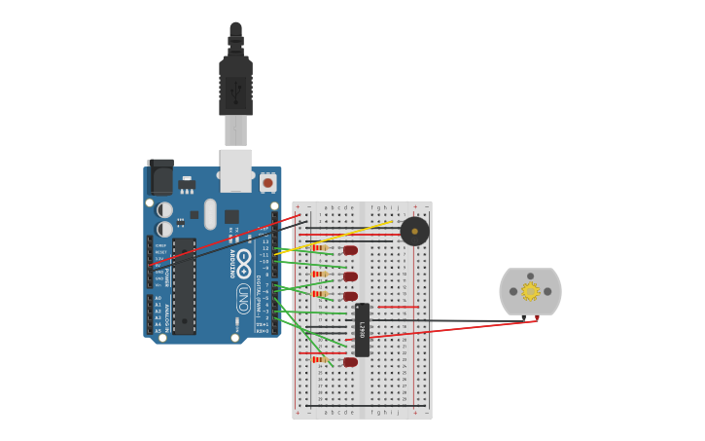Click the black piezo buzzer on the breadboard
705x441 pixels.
point(414,231)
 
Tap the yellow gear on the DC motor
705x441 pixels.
point(530,291)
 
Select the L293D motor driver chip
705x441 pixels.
point(362,330)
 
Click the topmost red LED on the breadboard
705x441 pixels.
point(350,250)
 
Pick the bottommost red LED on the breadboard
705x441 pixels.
point(350,362)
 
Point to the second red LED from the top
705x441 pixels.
point(350,276)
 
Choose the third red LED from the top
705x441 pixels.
point(350,296)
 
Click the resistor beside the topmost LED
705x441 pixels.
point(318,248)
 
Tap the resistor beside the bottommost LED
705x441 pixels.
point(318,359)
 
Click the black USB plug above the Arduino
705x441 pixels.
point(235,86)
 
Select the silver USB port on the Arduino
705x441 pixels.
point(235,169)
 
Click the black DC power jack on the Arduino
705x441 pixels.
point(160,177)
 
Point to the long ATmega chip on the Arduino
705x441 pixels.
point(185,286)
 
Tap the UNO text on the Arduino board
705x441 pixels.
point(243,297)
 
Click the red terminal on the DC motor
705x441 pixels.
point(536,317)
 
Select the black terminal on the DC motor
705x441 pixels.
point(523,317)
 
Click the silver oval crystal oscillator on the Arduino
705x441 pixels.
point(210,213)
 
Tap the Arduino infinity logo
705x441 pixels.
point(243,262)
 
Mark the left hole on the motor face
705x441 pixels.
point(513,291)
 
